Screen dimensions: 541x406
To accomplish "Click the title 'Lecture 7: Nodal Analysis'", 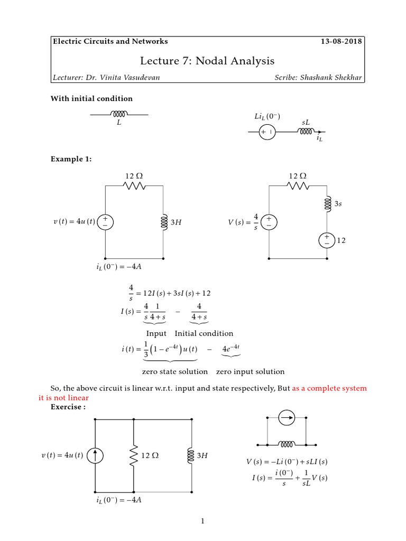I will (207, 61).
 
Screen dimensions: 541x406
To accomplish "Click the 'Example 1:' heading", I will (71, 159).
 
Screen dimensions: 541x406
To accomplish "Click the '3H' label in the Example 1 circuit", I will (176, 223).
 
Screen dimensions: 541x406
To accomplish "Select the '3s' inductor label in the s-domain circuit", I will (338, 202).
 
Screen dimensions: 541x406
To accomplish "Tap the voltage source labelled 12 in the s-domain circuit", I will (326, 240).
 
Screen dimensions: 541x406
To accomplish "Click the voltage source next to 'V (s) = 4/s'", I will (269, 222).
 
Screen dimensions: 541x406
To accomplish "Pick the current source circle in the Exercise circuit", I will (96, 455).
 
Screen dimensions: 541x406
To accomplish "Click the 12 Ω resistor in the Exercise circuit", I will (133, 455).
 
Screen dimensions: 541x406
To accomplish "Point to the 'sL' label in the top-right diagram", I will (306, 123).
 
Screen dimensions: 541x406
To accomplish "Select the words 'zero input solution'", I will (250, 371).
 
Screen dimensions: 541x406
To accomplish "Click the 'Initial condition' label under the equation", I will (204, 333).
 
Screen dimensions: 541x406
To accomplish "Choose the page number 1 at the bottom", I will (202, 522).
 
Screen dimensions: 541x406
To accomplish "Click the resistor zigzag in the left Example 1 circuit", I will (134, 185).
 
